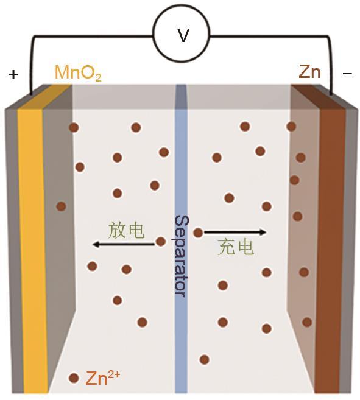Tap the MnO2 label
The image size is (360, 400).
coord(78,73)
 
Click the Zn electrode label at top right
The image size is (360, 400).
coord(309,72)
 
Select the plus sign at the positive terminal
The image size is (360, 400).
coord(13,75)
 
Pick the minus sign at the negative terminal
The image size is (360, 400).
coord(347,74)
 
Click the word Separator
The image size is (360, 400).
coord(182,256)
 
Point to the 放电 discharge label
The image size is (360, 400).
coord(126,230)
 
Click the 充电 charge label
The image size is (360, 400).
coord(236,247)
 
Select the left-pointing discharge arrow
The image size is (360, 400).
coord(124,244)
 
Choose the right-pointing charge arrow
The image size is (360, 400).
coord(235,232)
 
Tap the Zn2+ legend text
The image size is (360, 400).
coord(102,378)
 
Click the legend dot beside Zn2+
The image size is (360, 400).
coord(74,378)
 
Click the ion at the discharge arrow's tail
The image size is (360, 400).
coord(161,241)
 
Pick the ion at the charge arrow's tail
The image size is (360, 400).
coord(198,233)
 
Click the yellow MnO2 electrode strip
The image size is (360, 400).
coord(33,250)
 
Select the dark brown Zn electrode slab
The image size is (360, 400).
coord(330,250)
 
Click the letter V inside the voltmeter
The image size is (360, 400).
coord(183,35)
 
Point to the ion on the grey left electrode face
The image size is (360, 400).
coord(61,206)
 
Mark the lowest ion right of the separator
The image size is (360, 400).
coord(204,359)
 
